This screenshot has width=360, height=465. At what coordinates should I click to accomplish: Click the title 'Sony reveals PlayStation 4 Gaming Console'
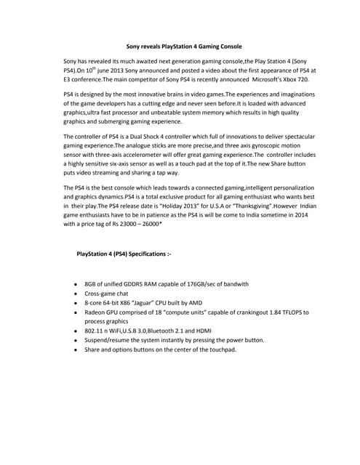(x=179, y=46)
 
